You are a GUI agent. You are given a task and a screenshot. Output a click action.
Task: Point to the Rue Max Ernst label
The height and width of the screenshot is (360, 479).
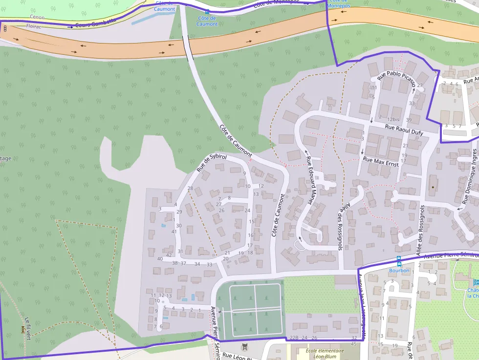click(381, 162)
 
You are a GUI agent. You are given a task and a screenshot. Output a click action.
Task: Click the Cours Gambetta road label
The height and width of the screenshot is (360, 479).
click(97, 22)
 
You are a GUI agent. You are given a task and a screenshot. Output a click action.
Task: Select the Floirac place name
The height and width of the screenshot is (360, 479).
click(34, 26)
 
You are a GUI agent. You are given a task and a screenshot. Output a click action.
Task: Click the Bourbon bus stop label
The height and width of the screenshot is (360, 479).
click(399, 271)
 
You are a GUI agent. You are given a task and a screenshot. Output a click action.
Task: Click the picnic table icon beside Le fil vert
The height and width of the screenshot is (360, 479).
click(22, 330)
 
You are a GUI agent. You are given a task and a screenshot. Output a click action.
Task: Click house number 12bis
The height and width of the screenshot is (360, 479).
click(393, 120)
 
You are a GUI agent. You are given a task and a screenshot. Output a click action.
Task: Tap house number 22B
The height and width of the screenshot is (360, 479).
click(294, 338)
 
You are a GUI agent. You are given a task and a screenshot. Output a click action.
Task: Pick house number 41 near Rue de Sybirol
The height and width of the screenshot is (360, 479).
click(174, 232)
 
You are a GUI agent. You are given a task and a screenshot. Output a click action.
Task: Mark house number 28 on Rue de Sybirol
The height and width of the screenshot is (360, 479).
click(190, 188)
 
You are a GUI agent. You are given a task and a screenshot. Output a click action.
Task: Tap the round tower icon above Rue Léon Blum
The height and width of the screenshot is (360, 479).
click(244, 347)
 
